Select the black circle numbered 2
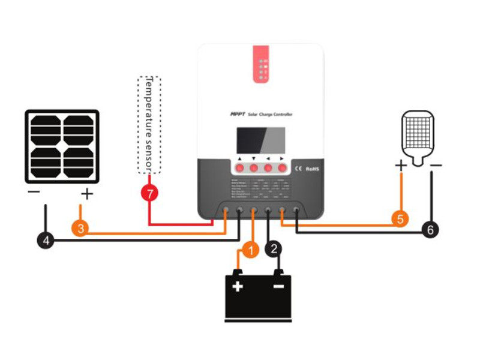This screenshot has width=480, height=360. (275, 248)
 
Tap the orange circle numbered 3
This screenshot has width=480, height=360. (80, 228)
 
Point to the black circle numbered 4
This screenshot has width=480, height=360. (45, 241)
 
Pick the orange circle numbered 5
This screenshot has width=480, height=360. (401, 218)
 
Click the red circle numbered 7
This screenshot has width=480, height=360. (149, 193)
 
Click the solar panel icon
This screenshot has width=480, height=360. (62, 146)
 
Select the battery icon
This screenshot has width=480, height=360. (258, 296)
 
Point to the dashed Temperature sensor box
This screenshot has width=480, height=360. (149, 124)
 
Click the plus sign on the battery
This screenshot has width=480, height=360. (238, 286)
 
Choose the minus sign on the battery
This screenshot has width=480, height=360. (278, 286)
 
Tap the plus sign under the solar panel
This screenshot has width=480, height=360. (87, 193)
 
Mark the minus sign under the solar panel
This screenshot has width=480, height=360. (34, 193)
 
